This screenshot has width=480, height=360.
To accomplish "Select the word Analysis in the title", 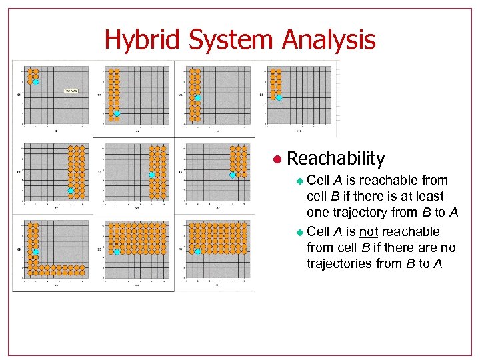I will pyautogui.click(x=329, y=40).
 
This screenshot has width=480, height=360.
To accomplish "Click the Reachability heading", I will pyautogui.click(x=335, y=159).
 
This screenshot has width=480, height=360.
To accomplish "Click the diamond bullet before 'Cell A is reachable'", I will pyautogui.click(x=299, y=181).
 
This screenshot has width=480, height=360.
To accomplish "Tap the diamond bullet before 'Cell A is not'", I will pyautogui.click(x=299, y=232).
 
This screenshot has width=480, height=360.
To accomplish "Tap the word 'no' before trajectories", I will pyautogui.click(x=448, y=247).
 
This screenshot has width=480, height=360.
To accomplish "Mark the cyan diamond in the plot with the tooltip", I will pyautogui.click(x=36, y=82).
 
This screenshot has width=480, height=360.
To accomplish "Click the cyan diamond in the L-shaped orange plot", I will pyautogui.click(x=36, y=252).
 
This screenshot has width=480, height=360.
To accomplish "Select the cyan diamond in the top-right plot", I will pyautogui.click(x=279, y=97).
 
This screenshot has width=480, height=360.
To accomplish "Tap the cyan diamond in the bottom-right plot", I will pyautogui.click(x=197, y=251).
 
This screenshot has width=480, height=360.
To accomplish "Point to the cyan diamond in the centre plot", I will pyautogui.click(x=151, y=175).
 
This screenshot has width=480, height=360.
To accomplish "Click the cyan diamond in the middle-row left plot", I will pyautogui.click(x=71, y=191).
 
